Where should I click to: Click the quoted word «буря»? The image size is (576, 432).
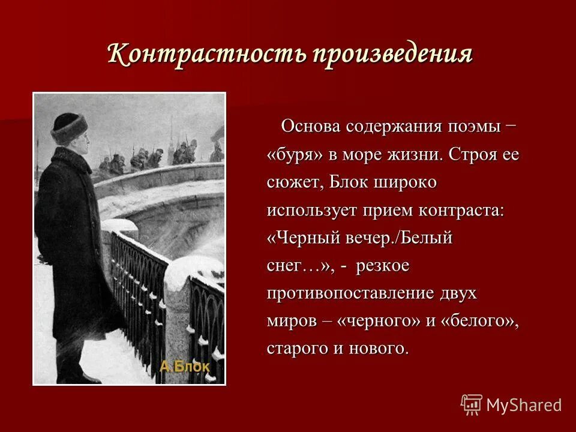point(296,155)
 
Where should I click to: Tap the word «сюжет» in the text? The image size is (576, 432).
point(295,183)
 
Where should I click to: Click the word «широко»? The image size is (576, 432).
point(404,182)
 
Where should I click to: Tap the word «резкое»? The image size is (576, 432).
point(382,266)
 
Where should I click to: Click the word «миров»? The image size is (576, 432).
point(292,321)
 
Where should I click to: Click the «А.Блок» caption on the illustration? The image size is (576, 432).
point(185,367)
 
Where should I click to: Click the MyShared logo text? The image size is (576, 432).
point(524,404)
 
